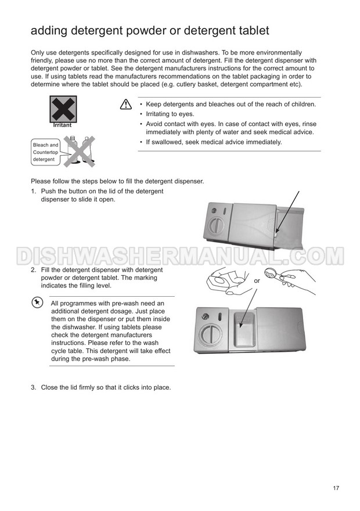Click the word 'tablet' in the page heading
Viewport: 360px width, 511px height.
point(251,31)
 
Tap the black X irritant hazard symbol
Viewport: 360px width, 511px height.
point(63,109)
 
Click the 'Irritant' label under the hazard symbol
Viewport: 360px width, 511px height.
point(62,125)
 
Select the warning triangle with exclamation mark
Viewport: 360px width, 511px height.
point(126,105)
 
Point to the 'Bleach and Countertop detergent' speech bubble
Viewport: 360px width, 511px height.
point(46,152)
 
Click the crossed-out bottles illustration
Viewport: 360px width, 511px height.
point(79,151)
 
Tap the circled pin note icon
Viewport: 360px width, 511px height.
point(37,303)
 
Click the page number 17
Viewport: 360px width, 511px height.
point(336,488)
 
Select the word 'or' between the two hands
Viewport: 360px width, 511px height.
point(257,281)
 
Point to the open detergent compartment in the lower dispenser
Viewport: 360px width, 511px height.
point(243,329)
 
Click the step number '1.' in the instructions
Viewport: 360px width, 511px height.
point(34,191)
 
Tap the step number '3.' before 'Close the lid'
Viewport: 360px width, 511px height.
point(34,387)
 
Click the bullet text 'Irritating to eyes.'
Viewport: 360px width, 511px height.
point(170,114)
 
